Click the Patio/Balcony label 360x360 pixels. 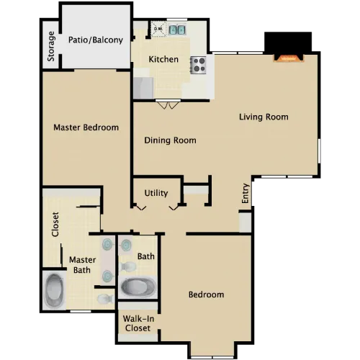[96, 40]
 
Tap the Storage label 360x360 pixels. [51, 46]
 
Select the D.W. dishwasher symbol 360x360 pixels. [158, 29]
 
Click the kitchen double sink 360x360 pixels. [177, 30]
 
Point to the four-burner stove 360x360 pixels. [199, 65]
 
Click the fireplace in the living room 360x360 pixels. [289, 58]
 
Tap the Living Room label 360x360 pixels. [264, 117]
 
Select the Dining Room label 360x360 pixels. [170, 140]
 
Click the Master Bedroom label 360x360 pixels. [86, 127]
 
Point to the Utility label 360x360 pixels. [156, 193]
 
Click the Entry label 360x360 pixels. [245, 194]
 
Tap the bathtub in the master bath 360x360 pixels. [55, 291]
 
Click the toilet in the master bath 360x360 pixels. [105, 299]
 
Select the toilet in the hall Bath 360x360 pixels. [127, 266]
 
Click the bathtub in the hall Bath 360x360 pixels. [138, 287]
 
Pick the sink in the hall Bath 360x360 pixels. [126, 246]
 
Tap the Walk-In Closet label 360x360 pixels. [138, 323]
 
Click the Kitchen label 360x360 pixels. [163, 59]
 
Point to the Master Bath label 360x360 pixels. [82, 265]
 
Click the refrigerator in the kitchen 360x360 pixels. [143, 88]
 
